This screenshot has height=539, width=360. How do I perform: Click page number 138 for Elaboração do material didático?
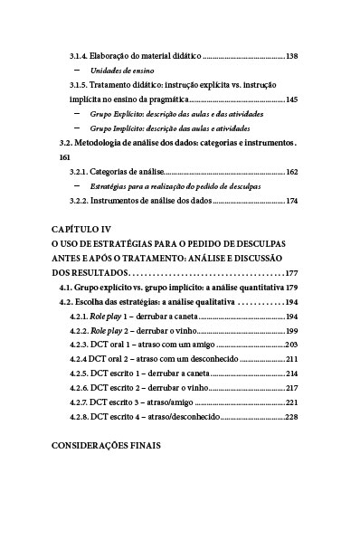tap(291, 56)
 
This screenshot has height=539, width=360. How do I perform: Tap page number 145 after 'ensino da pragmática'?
tap(291, 99)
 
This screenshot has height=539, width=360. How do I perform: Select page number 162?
tap(291, 171)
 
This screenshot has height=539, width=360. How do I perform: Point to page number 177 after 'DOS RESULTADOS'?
tap(290, 273)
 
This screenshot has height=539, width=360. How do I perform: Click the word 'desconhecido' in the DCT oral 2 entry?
tap(216, 359)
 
